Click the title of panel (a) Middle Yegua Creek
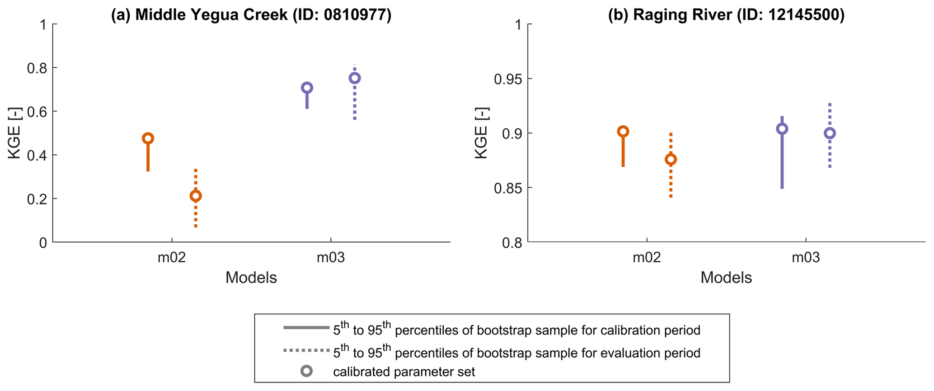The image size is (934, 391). pyautogui.click(x=251, y=14)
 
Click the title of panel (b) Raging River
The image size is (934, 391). pyautogui.click(x=726, y=14)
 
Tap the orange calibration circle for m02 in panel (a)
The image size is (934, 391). pyautogui.click(x=148, y=138)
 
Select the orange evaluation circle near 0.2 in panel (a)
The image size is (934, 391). pyautogui.click(x=196, y=196)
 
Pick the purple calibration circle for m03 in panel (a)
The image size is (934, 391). pyautogui.click(x=307, y=88)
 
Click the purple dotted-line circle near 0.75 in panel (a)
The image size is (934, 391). pyautogui.click(x=355, y=78)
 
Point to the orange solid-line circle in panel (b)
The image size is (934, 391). pyautogui.click(x=623, y=132)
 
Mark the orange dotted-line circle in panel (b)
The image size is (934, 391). pyautogui.click(x=671, y=159)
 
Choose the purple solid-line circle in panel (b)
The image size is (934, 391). pyautogui.click(x=782, y=129)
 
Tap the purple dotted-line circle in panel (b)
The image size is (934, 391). pyautogui.click(x=830, y=133)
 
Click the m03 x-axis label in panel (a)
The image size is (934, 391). pyautogui.click(x=331, y=258)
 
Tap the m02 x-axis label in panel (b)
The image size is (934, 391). pyautogui.click(x=647, y=258)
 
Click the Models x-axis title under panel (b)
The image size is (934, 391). pyautogui.click(x=726, y=278)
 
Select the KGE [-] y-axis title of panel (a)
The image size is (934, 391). pyautogui.click(x=15, y=133)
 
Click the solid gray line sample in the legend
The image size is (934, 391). pyautogui.click(x=306, y=327)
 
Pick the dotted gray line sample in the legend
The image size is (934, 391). pyautogui.click(x=306, y=350)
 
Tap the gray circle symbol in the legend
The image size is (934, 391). pyautogui.click(x=307, y=371)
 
